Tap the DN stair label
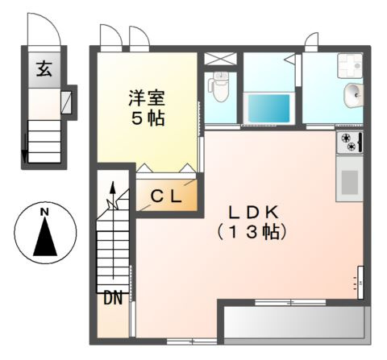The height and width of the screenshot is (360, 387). (112, 299)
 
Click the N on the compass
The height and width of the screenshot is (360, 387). (45, 212)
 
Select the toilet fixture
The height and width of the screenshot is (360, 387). (218, 85)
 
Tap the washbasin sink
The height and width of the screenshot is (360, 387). (352, 95)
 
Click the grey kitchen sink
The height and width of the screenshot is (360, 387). (349, 181)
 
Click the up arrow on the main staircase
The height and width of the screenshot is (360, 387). (113, 192)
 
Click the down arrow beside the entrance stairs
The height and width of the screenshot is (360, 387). (24, 148)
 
